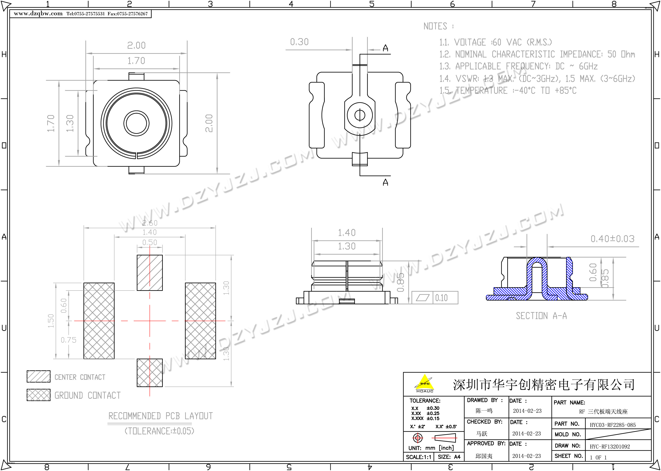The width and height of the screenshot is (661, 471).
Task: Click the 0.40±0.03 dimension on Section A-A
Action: (x=612, y=239)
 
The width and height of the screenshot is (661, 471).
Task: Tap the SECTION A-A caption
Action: (x=541, y=316)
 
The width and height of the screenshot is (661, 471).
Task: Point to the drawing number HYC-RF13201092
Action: (x=610, y=447)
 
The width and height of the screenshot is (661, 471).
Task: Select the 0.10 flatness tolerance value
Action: (x=441, y=298)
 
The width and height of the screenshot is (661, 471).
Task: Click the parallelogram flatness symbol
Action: (x=423, y=298)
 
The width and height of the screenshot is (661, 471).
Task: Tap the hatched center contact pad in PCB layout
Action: (x=150, y=273)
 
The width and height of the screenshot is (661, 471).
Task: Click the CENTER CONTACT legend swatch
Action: (x=38, y=376)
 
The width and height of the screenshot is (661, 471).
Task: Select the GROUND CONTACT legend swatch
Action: (x=38, y=395)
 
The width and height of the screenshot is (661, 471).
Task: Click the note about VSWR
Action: (x=537, y=79)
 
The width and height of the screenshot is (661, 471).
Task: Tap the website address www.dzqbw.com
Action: (x=38, y=14)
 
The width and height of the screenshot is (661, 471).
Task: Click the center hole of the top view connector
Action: (x=136, y=123)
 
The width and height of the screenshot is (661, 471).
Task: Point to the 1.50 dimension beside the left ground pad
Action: (x=51, y=321)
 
